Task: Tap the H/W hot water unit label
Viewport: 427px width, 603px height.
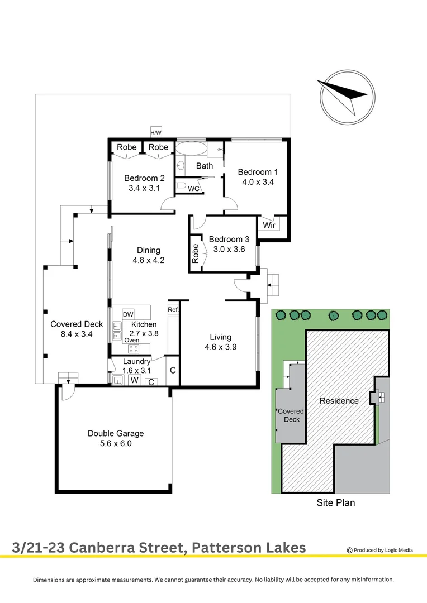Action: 155,132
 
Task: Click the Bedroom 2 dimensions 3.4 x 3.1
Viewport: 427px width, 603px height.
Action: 144,188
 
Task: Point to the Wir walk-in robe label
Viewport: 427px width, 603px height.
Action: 269,226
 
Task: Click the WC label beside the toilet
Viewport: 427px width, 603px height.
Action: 193,189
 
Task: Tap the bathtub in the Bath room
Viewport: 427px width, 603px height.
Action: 191,150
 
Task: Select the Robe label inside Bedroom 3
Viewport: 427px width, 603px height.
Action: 195,254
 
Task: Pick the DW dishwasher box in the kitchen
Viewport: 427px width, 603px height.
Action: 128,314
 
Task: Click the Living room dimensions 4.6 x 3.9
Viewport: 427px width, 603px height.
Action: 220,347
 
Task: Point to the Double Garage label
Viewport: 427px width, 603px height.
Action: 116,433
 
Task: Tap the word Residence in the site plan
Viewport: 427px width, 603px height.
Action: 339,401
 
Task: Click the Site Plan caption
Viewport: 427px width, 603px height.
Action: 335,502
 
